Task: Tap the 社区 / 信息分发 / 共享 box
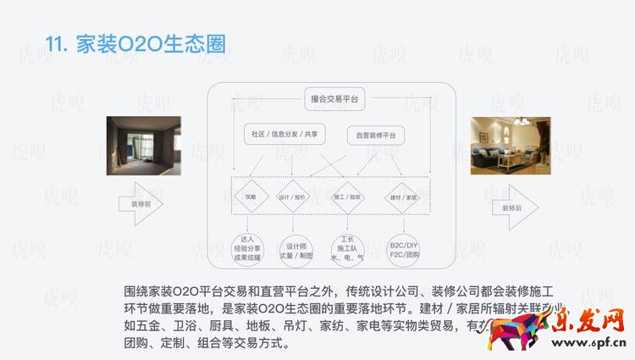pyautogui.click(x=284, y=134)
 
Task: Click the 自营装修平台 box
pyautogui.click(x=376, y=135)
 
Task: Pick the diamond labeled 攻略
pyautogui.click(x=251, y=197)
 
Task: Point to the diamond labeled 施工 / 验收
pyautogui.click(x=347, y=197)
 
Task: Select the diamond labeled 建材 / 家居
pyautogui.click(x=403, y=197)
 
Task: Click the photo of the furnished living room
pyautogui.click(x=511, y=146)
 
